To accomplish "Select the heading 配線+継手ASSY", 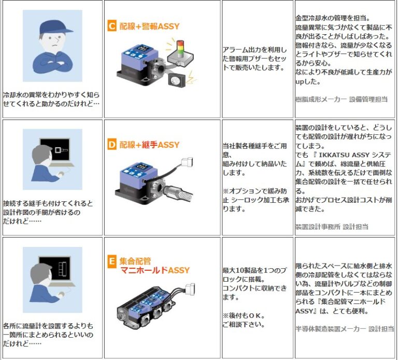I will coord(149,145).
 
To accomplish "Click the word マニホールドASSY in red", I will coord(155,270).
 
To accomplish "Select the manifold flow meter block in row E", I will coord(150,309).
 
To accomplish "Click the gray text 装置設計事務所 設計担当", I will coord(332,226).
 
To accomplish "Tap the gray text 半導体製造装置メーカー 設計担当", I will coord(339,328).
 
